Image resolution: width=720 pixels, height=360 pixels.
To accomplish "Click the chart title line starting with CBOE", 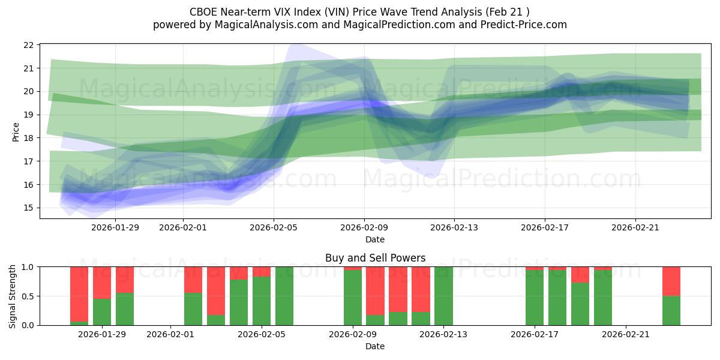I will click(359, 12).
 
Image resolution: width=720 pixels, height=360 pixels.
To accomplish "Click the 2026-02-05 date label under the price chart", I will click(274, 227).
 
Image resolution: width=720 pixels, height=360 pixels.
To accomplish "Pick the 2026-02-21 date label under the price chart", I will click(635, 227).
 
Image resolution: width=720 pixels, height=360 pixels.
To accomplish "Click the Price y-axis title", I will click(16, 131).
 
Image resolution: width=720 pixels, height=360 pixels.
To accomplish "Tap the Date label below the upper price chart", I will click(375, 239).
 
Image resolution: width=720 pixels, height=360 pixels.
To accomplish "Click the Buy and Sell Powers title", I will click(375, 258).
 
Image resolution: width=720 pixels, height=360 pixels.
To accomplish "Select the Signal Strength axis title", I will click(13, 296).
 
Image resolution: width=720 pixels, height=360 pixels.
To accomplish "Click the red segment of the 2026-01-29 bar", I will click(102, 282).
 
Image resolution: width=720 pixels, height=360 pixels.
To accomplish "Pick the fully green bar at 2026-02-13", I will click(443, 296).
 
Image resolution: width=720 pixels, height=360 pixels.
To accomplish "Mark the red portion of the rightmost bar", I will click(671, 281).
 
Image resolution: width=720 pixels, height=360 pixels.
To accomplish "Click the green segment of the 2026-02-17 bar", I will click(535, 298).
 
